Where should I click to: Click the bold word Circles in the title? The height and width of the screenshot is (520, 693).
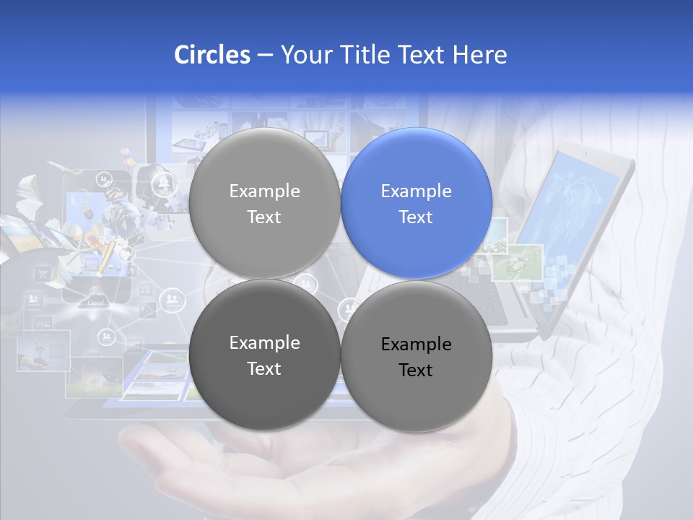pos(212,55)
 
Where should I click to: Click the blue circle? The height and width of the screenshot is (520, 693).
pos(416,203)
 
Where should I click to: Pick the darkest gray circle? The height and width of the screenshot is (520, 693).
pos(264,355)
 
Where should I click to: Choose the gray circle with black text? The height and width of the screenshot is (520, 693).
pos(416,356)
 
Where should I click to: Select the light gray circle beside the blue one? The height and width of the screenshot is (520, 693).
pos(264,203)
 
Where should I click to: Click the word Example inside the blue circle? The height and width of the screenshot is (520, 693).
pos(416,191)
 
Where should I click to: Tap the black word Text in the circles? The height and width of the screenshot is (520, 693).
pos(416,370)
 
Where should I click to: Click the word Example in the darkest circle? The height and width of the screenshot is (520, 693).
pos(264,342)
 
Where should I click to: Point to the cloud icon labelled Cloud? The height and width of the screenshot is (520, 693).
pos(96,301)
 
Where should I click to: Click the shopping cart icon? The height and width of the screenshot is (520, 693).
pos(43,274)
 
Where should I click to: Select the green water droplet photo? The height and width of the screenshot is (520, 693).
pos(517,261)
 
